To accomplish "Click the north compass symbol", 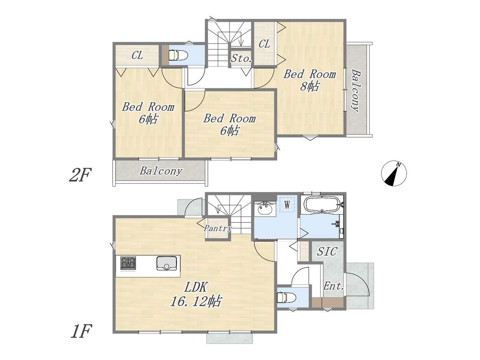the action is tap(394, 173).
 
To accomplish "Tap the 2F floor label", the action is tap(81, 175).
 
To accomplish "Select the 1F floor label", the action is tap(81, 331).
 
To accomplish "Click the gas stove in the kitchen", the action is tap(128, 263).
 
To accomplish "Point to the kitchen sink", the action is tap(167, 263).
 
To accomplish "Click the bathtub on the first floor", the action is tap(323, 204).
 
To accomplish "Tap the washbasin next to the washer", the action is tap(265, 208).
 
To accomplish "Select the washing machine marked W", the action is tap(287, 204).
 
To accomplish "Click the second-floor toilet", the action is tap(175, 55).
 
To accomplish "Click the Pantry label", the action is tap(218, 228).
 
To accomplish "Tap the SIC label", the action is tap(327, 252).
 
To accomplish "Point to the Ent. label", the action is tap(334, 286).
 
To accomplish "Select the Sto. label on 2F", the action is tap(242, 58).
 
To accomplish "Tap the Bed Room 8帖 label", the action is tap(310, 80).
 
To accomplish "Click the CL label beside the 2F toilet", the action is tap(138, 55).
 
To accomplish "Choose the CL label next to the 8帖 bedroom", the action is tap(265, 44).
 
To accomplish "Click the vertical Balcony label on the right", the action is tap(356, 90).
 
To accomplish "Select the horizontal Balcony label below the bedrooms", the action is tap(161, 171).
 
